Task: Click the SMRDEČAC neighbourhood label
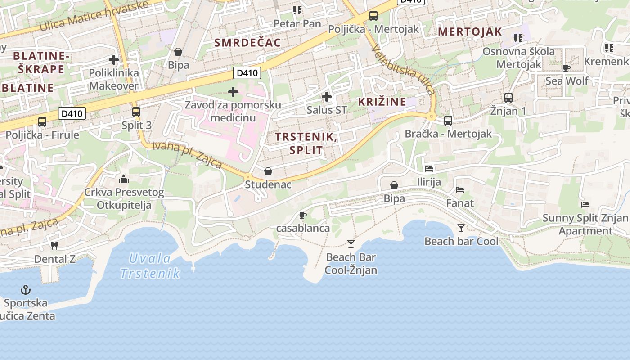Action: coord(247,43)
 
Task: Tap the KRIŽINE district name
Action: coord(382,102)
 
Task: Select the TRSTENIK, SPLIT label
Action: coord(306,143)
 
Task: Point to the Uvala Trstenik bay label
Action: coord(150,266)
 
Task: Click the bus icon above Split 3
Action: coord(136,112)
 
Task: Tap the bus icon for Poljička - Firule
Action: coord(42,121)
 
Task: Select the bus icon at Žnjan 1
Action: coord(508,97)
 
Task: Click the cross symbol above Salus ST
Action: coord(327,96)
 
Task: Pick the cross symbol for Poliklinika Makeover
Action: coord(114,59)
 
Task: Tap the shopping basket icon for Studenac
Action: coord(268,171)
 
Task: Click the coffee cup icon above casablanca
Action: coord(303,215)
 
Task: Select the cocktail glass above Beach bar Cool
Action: coord(461,228)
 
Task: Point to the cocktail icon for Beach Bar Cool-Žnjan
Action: coord(351,244)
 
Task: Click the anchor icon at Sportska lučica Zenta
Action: coord(26,290)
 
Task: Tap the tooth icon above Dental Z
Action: coord(54,246)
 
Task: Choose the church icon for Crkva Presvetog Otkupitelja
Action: coord(124,180)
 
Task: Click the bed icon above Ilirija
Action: coord(429,169)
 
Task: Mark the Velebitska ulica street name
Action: coord(404,71)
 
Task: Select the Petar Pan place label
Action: coord(297,23)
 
